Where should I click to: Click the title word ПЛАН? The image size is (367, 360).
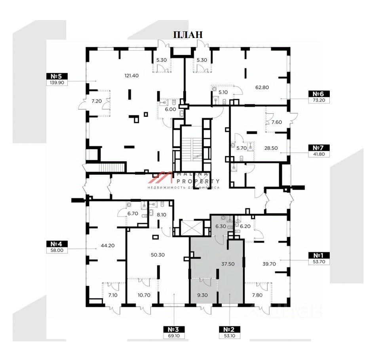tap(188, 34)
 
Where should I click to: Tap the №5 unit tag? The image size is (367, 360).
tap(57, 76)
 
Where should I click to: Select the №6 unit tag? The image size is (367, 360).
tap(319, 94)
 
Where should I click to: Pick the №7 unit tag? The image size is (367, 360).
tap(319, 148)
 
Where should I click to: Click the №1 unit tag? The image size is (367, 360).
tap(319, 255)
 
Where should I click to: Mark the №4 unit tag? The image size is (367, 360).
tap(57, 244)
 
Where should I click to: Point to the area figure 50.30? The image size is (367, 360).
tap(158, 255)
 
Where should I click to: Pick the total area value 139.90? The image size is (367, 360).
tap(57, 83)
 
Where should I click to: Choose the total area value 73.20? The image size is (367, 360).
tap(319, 101)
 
